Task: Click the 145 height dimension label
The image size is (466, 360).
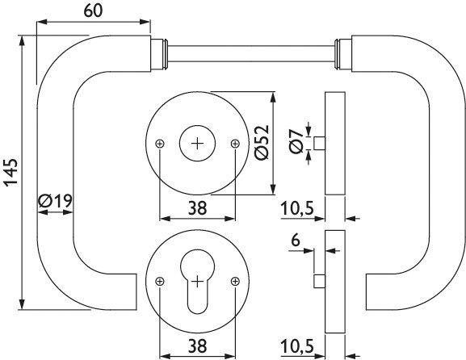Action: (11, 173)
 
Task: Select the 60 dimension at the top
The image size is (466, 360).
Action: (93, 10)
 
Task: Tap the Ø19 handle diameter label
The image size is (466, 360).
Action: (55, 201)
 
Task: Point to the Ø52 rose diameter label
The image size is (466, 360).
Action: (262, 142)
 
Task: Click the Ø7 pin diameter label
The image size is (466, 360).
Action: (296, 142)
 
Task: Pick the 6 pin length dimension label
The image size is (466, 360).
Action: (296, 240)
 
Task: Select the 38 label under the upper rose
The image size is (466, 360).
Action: (197, 208)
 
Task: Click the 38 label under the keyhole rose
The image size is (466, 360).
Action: (197, 346)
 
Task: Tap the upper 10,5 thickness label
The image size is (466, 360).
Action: (297, 208)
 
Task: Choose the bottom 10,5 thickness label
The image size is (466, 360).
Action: (297, 346)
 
